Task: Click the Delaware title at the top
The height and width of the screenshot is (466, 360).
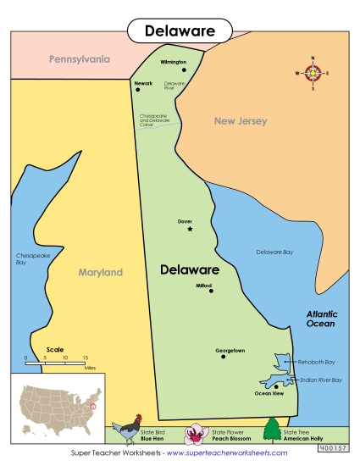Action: point(179,31)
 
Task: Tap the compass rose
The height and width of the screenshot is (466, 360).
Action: point(313,74)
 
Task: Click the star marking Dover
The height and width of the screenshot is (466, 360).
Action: point(190,229)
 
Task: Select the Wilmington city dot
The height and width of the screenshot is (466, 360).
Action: point(183,70)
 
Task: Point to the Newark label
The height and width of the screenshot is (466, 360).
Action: point(143,83)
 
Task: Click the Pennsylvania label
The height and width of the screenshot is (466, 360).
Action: point(79,60)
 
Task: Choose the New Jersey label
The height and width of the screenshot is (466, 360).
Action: point(240,121)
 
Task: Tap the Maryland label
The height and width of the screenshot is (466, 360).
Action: point(101,273)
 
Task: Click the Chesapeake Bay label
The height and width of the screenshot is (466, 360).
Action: point(28,259)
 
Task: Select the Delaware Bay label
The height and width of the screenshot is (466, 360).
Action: point(274,252)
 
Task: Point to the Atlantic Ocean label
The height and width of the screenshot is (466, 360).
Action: point(321,319)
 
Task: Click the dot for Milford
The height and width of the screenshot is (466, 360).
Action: point(211,291)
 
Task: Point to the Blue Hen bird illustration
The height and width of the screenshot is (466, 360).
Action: point(129,430)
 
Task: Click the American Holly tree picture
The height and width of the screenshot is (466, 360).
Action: point(272,430)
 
